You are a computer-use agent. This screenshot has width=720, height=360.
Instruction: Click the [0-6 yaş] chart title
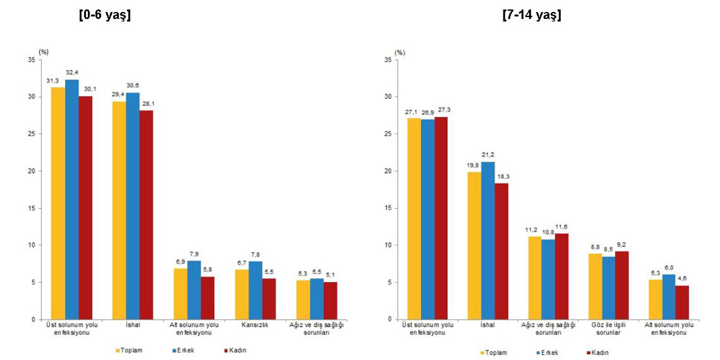(x=104, y=16)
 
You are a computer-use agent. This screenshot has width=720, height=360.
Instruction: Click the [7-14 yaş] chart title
(x=531, y=16)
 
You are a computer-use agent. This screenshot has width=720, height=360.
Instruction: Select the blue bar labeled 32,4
(x=71, y=199)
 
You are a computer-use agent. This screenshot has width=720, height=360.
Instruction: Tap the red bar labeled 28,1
(x=146, y=215)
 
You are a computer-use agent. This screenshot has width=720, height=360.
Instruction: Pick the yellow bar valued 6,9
(x=180, y=294)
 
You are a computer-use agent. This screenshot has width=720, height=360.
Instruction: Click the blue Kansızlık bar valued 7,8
(x=255, y=291)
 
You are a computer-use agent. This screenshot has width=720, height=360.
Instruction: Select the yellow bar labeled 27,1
(x=414, y=219)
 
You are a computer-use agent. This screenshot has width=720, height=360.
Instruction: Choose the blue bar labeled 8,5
(x=609, y=288)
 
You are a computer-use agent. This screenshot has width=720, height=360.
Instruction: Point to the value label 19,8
(x=474, y=165)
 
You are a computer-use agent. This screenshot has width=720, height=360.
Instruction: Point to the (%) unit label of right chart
(x=400, y=52)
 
